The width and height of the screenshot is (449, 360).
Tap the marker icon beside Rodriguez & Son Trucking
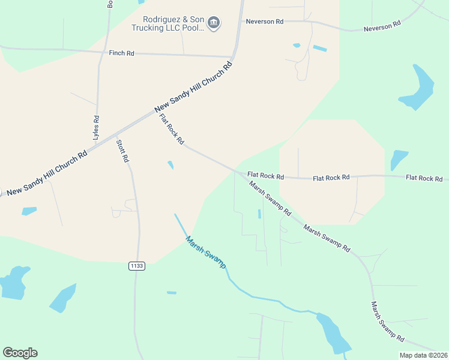[x=214, y=23]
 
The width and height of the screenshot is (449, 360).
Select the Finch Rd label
[x=121, y=53]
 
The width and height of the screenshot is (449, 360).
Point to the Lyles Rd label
[x=96, y=127]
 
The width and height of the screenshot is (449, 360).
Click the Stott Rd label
[x=122, y=151]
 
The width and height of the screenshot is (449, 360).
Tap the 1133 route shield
[x=137, y=265]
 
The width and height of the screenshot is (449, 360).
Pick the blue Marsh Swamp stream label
[x=205, y=251]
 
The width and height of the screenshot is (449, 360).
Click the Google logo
[x=20, y=353]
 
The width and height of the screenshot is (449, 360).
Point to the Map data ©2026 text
[x=423, y=355]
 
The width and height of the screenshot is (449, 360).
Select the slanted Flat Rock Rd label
[x=172, y=129]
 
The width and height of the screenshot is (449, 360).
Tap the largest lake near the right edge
[x=417, y=87]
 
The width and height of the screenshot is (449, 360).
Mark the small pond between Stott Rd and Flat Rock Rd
[x=171, y=164]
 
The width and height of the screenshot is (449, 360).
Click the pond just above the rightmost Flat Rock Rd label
[x=399, y=160]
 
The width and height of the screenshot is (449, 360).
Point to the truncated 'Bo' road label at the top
[x=110, y=4]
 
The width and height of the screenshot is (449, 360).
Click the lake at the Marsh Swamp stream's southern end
[x=333, y=333]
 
